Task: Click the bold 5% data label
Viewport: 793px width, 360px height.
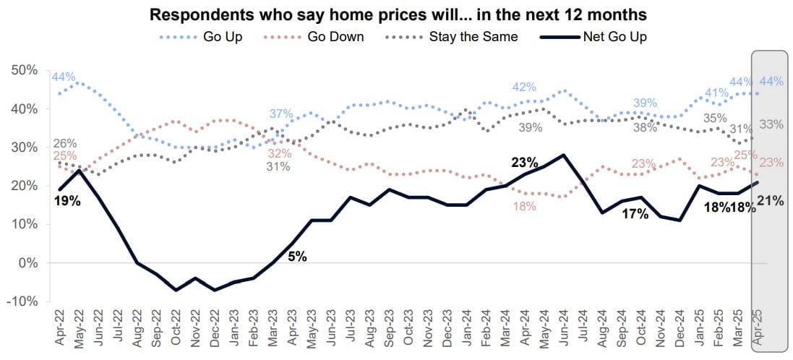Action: [x=297, y=256]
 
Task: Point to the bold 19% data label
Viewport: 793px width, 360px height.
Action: [x=67, y=200]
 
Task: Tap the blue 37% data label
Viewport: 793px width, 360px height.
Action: [x=280, y=113]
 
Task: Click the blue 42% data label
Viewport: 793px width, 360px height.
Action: [x=523, y=87]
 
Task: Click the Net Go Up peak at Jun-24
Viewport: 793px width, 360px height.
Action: [x=562, y=155]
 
